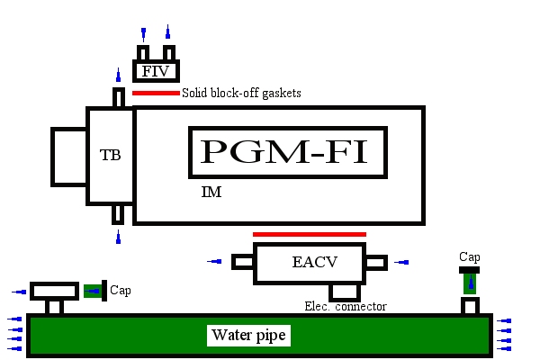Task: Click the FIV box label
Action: [157, 70]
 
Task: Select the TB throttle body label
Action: [110, 155]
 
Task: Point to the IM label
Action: [211, 193]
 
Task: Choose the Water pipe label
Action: [248, 336]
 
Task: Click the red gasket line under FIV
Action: [156, 93]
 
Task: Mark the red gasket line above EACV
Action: [310, 234]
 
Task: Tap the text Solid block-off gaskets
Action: [241, 93]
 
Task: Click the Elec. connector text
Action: [346, 306]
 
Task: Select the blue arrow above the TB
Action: [118, 75]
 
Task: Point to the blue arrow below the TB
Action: [118, 238]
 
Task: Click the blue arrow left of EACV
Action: [215, 262]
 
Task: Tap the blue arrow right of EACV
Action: [402, 262]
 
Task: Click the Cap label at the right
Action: [470, 256]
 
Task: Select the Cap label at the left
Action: [121, 291]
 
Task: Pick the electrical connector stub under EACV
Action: [344, 292]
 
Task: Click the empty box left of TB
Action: [69, 155]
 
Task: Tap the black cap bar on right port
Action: [470, 269]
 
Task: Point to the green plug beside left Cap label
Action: [93, 291]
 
